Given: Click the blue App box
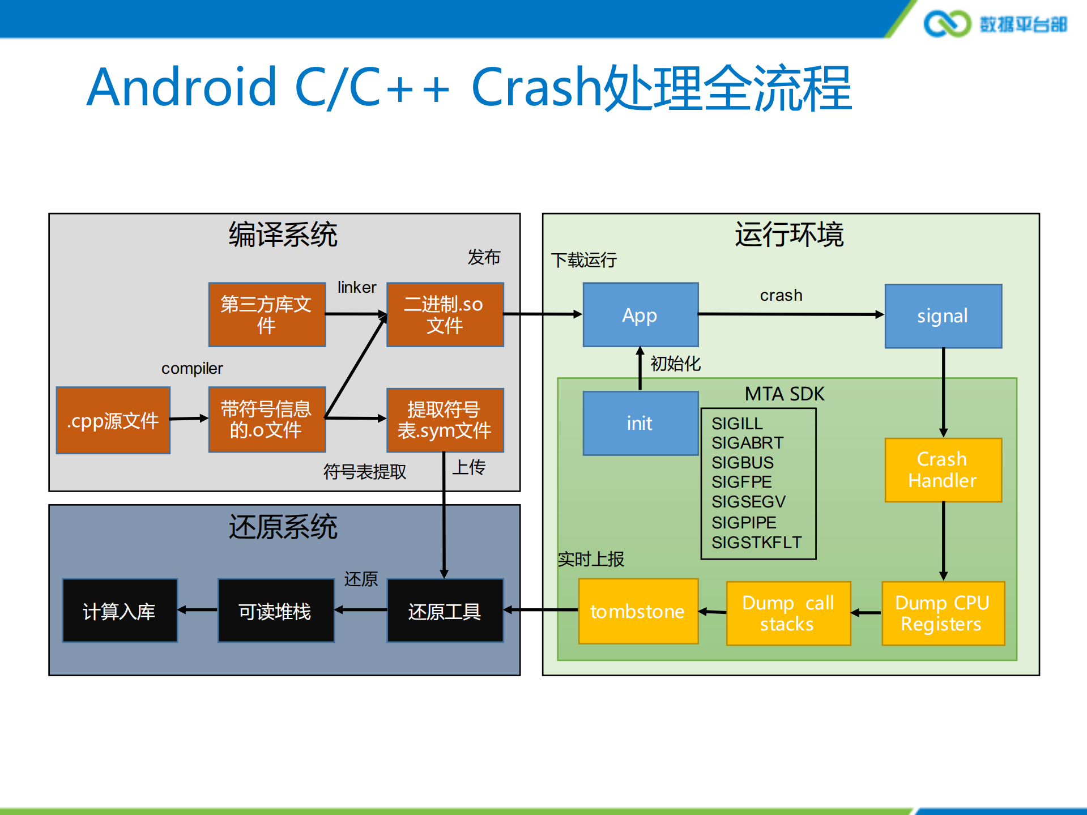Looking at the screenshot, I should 640,315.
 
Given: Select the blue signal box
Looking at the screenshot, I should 943,316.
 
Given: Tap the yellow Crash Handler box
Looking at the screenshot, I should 943,470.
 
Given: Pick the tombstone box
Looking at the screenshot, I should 638,611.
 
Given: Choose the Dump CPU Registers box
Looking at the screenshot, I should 943,613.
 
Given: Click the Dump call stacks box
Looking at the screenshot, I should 788,613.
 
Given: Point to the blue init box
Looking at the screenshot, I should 640,423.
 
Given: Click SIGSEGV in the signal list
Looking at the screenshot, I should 748,502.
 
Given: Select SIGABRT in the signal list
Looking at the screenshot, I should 747,442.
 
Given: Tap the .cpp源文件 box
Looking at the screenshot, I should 113,420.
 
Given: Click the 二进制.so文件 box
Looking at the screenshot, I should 445,315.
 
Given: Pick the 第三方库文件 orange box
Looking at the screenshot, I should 266,315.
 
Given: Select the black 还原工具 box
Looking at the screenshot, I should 445,611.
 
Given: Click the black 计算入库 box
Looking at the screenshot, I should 120,611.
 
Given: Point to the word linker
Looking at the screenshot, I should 356,287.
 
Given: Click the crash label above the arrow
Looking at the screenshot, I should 781,295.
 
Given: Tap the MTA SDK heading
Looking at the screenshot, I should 784,394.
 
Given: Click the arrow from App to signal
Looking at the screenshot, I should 790,314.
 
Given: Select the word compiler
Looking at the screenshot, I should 192,368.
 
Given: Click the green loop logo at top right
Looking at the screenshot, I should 947,24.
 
